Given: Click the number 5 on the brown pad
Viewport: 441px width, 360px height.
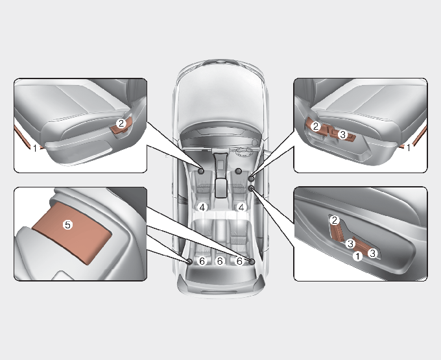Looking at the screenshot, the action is [67, 224].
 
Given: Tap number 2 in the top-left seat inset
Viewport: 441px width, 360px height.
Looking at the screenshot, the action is [121, 123].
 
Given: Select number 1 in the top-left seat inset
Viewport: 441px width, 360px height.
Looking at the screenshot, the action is [35, 148].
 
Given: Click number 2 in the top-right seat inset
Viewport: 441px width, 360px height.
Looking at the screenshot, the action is [316, 126].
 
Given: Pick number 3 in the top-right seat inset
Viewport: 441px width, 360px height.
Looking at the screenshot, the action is [342, 134].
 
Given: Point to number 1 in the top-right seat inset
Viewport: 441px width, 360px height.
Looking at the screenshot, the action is [409, 147].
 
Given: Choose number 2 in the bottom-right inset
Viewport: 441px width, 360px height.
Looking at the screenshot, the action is [334, 221].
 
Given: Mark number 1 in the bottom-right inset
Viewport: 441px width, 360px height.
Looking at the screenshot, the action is [357, 256].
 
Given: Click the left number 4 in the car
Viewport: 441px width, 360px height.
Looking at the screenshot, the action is [202, 208].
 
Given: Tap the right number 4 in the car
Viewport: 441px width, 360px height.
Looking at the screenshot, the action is [241, 208].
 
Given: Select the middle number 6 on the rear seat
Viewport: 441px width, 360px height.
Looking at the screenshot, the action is [220, 261].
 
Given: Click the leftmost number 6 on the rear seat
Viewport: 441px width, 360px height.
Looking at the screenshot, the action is [202, 261].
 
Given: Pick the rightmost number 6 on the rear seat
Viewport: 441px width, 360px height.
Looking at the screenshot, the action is [239, 261].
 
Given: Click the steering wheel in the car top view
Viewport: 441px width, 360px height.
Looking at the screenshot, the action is [243, 152].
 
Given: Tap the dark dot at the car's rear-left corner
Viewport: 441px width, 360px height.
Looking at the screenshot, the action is [189, 261].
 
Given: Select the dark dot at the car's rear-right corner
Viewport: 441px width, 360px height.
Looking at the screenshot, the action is [252, 261].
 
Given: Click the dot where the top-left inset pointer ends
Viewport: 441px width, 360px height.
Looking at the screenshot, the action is [201, 171].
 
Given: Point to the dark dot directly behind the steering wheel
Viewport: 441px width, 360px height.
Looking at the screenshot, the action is [239, 171].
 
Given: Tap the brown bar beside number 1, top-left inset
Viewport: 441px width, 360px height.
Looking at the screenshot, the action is [27, 137].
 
